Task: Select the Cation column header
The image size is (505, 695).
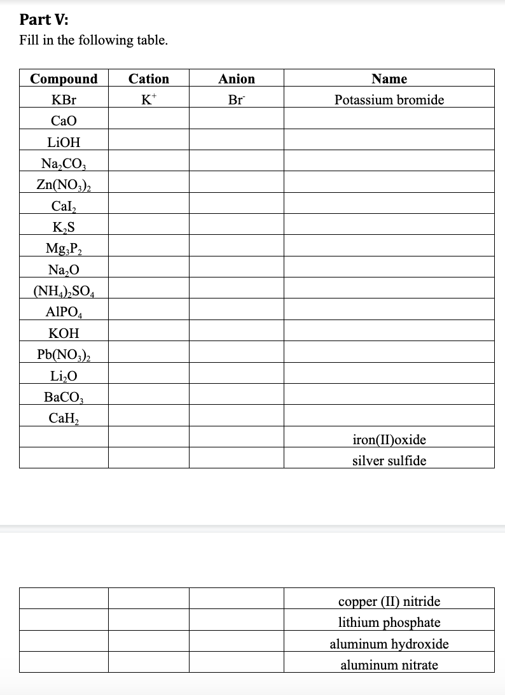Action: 149,79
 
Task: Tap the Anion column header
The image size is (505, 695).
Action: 237,79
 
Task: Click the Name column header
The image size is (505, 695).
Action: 389,79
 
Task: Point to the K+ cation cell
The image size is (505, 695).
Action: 149,100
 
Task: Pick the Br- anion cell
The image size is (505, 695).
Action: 237,100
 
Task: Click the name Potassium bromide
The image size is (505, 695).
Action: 389,100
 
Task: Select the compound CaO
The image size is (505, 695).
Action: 64,121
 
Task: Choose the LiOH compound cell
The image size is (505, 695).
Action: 64,142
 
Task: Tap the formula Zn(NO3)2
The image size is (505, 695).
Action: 64,185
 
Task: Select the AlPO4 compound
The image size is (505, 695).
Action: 64,312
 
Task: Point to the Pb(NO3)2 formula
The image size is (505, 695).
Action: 64,355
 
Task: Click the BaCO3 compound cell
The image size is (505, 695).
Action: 64,397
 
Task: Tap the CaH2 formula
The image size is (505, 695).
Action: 64,418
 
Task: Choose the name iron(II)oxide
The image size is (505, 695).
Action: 389,439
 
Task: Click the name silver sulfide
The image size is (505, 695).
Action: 389,460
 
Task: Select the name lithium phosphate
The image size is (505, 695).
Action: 389,622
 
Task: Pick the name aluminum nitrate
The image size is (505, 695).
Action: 389,665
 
